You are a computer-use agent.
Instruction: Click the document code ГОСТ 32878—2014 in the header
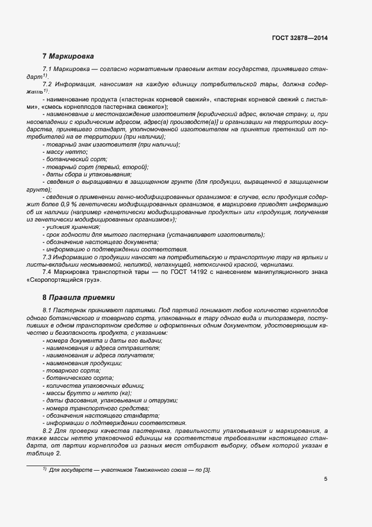click(x=299, y=38)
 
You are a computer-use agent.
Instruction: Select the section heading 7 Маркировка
click(x=68, y=56)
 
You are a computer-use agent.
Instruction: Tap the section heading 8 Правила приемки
click(x=77, y=297)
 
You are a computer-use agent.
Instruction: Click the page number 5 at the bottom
click(x=326, y=480)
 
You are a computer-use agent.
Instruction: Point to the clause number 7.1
click(x=48, y=68)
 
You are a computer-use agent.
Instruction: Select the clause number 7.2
click(x=48, y=84)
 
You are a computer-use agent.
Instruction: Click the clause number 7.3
click(x=48, y=257)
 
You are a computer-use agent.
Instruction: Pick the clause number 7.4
click(x=48, y=273)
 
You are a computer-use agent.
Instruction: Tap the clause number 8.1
click(x=48, y=311)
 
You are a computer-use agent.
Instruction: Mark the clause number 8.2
click(x=48, y=431)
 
